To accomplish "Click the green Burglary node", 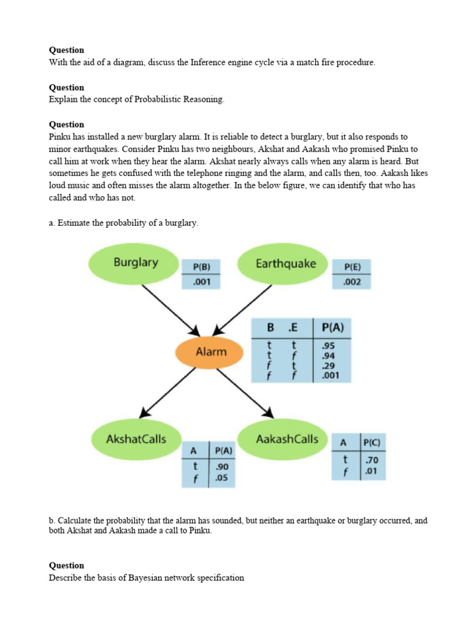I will [136, 263].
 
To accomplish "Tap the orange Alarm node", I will [211, 352].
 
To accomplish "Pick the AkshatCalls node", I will [136, 439].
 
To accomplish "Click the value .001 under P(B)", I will [201, 283].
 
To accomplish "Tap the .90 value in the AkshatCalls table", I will [221, 467].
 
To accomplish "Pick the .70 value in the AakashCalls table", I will [371, 459].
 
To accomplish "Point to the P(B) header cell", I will [201, 267].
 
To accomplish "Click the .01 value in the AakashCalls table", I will [371, 471].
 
